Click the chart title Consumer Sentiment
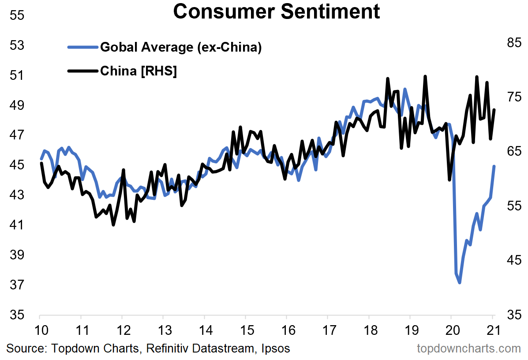[x=276, y=12]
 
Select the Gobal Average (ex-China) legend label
[x=181, y=47]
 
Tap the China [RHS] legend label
[x=139, y=71]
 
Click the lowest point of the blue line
[x=460, y=282]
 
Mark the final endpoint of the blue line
[x=494, y=166]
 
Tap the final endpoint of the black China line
[x=494, y=110]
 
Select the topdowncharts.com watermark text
[x=469, y=349]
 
